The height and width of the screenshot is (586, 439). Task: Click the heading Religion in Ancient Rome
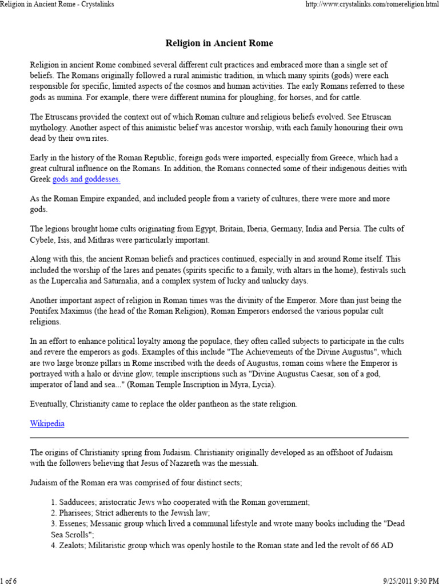click(219, 43)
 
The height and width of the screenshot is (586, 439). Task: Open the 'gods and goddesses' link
click(86, 180)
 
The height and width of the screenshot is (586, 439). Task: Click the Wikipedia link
click(47, 423)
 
